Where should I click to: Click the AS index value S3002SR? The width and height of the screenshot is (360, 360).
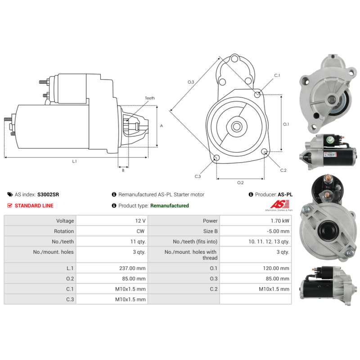(48, 195)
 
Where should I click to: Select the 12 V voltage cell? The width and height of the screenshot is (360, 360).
(140, 221)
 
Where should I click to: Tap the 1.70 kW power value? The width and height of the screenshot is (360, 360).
(281, 221)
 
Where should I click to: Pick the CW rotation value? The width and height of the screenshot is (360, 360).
(141, 231)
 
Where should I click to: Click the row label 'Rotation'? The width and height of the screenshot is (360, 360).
(64, 231)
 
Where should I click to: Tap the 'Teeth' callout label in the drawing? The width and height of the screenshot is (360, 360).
(149, 98)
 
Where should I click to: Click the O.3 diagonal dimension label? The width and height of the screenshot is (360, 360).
(191, 82)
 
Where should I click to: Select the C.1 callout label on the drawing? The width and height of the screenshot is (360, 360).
(277, 76)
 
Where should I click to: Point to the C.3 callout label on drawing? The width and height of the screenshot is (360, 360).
(198, 176)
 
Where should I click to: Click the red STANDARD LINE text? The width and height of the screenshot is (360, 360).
(34, 206)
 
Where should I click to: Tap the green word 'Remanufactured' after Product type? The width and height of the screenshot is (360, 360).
(170, 206)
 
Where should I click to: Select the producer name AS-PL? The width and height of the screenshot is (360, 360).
(285, 195)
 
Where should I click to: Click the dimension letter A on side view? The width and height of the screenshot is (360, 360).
(162, 126)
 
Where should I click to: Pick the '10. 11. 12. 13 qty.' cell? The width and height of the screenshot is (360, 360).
(269, 242)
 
